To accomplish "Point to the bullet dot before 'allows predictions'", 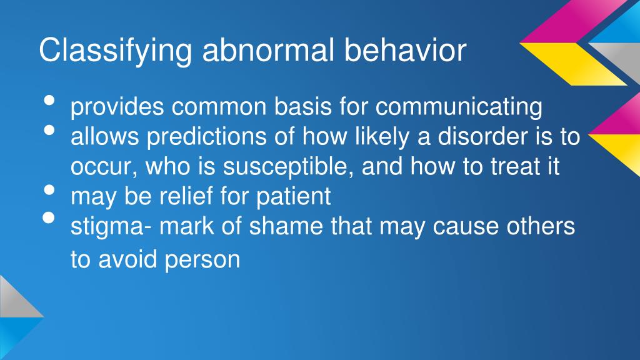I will coord(50,131).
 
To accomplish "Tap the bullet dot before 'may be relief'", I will coord(50,191).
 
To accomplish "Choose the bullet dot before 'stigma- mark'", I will coord(50,220).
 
